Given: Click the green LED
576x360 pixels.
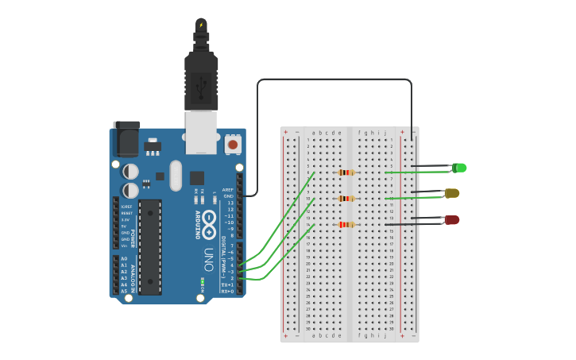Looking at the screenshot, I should tap(458, 168).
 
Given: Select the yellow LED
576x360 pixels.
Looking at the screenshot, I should tap(451, 193).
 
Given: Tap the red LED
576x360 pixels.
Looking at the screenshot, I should tap(451, 219).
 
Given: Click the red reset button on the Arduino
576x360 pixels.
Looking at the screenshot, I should tap(233, 145).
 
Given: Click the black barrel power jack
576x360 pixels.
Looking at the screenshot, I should tap(126, 140).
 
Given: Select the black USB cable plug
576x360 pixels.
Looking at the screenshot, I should tap(201, 79).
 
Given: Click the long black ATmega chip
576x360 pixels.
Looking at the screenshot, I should tap(149, 246).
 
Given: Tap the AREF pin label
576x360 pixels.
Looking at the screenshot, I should tap(228, 190).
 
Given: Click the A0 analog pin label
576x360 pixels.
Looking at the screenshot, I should tap(124, 259).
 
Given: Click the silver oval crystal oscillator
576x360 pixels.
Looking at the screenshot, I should tap(175, 175).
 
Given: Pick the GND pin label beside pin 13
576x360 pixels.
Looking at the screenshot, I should tap(228, 196).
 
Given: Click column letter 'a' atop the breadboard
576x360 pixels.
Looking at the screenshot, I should tap(314, 133).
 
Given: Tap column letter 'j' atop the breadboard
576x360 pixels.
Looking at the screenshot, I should tap(385, 133).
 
